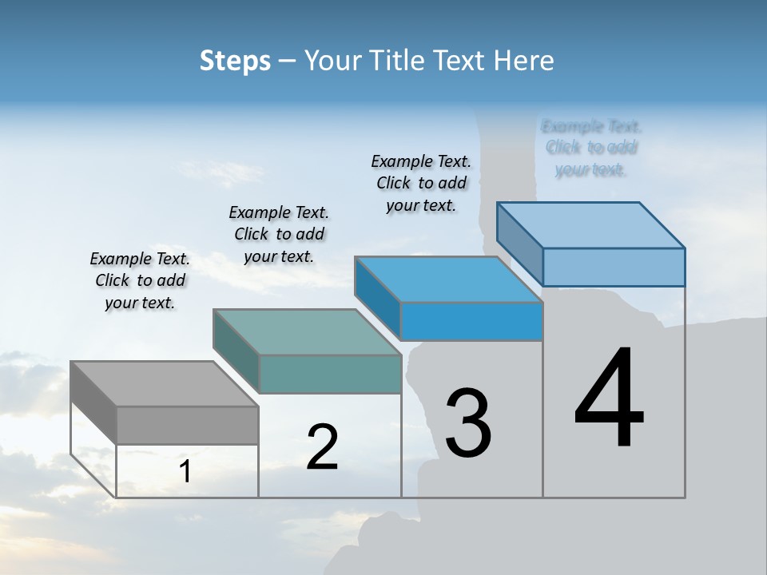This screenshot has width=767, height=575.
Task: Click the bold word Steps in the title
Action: (x=235, y=61)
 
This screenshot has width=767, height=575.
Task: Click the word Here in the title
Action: (x=524, y=61)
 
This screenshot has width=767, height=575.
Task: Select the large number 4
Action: (x=609, y=399)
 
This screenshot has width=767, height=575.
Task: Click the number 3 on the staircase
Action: (x=468, y=423)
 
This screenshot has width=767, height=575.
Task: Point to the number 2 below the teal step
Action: (x=322, y=447)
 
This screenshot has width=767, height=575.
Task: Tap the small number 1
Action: (x=185, y=472)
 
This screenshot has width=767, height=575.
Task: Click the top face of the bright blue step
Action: (x=448, y=280)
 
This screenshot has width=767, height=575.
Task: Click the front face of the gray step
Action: (x=187, y=425)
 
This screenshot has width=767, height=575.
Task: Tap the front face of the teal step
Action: (x=330, y=374)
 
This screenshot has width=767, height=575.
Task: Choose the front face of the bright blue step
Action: (x=471, y=321)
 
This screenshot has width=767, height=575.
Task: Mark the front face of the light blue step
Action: (x=614, y=267)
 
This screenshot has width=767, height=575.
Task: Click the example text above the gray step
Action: (x=140, y=281)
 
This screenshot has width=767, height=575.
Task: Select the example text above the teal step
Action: (x=279, y=235)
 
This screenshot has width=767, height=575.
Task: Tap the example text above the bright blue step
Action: (x=421, y=184)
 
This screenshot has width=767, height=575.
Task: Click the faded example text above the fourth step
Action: (x=591, y=148)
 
